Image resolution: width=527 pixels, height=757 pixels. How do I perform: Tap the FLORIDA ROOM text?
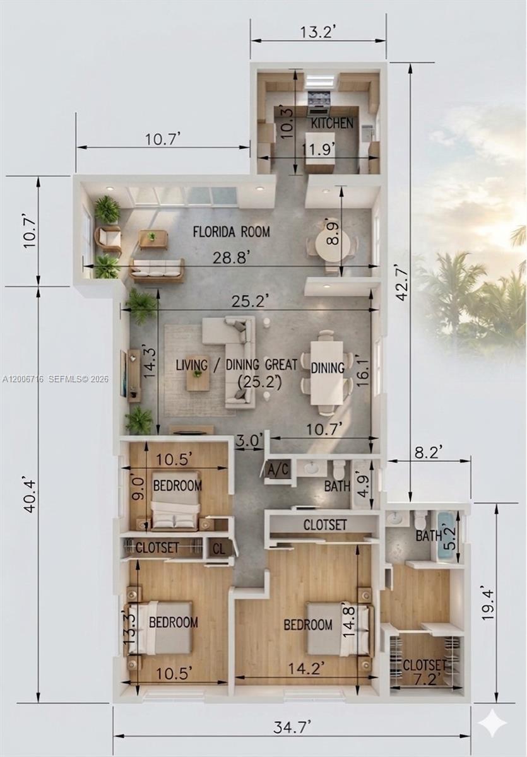[231, 232]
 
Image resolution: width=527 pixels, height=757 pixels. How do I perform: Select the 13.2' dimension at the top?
[317, 32]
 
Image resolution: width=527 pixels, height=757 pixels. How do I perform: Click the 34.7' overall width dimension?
[292, 727]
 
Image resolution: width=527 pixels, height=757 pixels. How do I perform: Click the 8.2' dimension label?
[428, 451]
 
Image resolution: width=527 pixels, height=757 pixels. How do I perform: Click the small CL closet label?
[218, 548]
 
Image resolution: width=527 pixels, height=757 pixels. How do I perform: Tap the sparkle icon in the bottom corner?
[492, 723]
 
